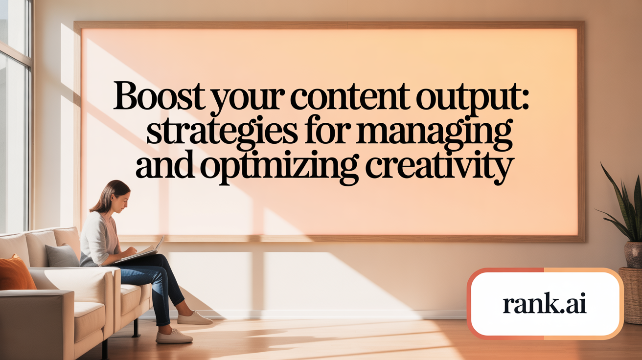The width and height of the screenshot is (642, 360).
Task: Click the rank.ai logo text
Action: pos(544,305)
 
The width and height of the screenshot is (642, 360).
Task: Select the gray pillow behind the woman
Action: pos(62,255)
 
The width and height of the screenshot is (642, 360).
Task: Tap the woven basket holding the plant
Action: pos(631,293)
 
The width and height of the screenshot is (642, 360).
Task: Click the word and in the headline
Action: pos(165,166)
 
